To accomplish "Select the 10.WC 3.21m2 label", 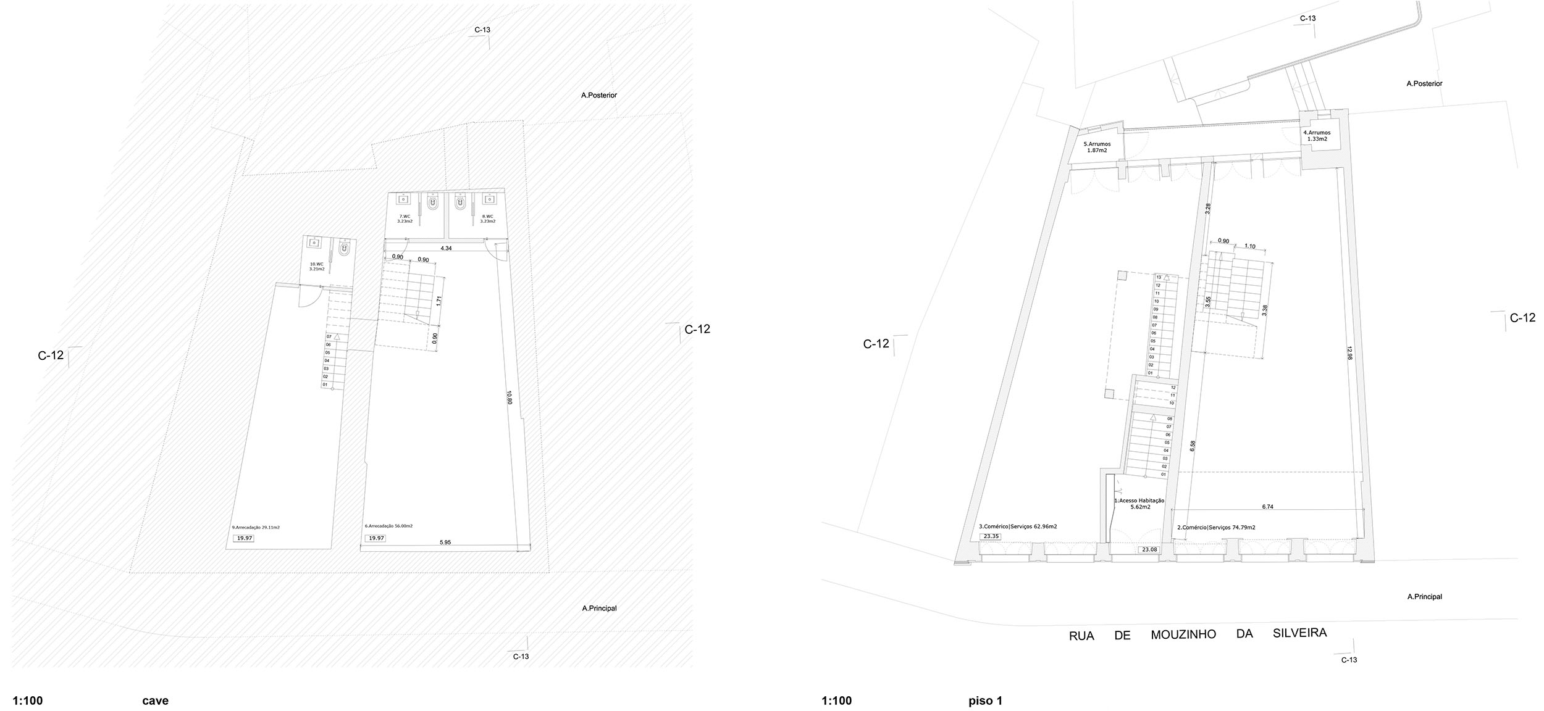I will pyautogui.click(x=317, y=267).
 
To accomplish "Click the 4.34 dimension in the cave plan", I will pyautogui.click(x=445, y=248).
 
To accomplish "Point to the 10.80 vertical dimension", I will pyautogui.click(x=509, y=397).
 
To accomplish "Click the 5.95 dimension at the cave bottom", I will pyautogui.click(x=445, y=543).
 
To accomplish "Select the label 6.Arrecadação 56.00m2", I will pyautogui.click(x=388, y=526).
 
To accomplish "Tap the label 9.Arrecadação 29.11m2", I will pyautogui.click(x=256, y=527).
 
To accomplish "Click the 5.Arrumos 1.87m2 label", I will pyautogui.click(x=1097, y=147).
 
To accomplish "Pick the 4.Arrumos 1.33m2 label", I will pyautogui.click(x=1317, y=136).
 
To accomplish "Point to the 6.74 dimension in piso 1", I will pyautogui.click(x=1267, y=506).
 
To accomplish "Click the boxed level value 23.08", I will pyautogui.click(x=1149, y=549).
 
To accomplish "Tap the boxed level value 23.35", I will pyautogui.click(x=991, y=536).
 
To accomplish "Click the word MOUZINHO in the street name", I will pyautogui.click(x=1183, y=634).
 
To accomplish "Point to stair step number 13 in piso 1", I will pyautogui.click(x=1159, y=277).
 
